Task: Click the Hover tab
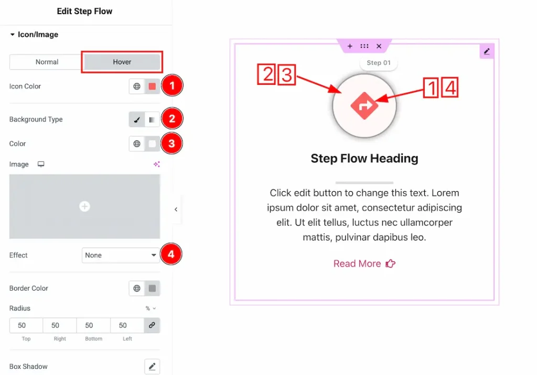pyautogui.click(x=122, y=62)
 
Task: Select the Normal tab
pyautogui.click(x=47, y=62)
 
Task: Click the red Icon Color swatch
pyautogui.click(x=152, y=86)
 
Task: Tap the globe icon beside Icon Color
pyautogui.click(x=137, y=86)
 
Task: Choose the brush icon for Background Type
pyautogui.click(x=137, y=119)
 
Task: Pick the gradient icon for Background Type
pyautogui.click(x=152, y=119)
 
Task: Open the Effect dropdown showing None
pyautogui.click(x=121, y=255)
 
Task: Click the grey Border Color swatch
pyautogui.click(x=152, y=288)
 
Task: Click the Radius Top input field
pyautogui.click(x=26, y=325)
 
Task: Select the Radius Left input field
pyautogui.click(x=127, y=325)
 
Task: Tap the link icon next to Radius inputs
pyautogui.click(x=152, y=325)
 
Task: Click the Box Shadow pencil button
pyautogui.click(x=152, y=367)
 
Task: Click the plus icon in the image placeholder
pyautogui.click(x=84, y=206)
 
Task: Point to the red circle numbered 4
pyautogui.click(x=171, y=254)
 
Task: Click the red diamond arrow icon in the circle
pyautogui.click(x=364, y=106)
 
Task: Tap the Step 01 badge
pyautogui.click(x=379, y=63)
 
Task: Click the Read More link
pyautogui.click(x=364, y=263)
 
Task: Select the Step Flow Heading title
pyautogui.click(x=364, y=158)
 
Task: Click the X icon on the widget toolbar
pyautogui.click(x=379, y=46)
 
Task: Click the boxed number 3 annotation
pyautogui.click(x=287, y=74)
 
